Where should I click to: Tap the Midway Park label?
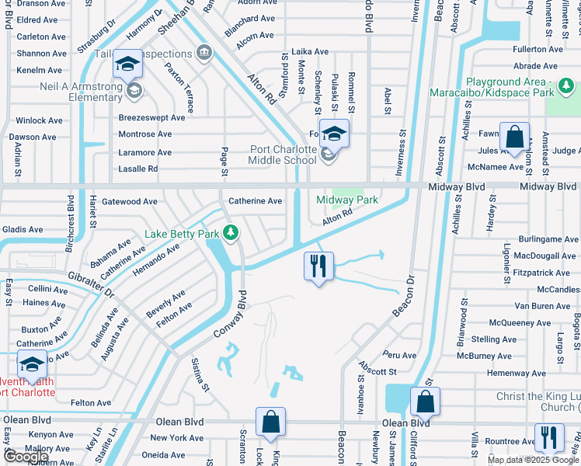[x=347, y=200]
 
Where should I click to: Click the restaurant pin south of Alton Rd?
[x=318, y=266]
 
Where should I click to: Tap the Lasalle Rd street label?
[x=137, y=169]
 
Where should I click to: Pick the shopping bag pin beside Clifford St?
[x=425, y=402]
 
